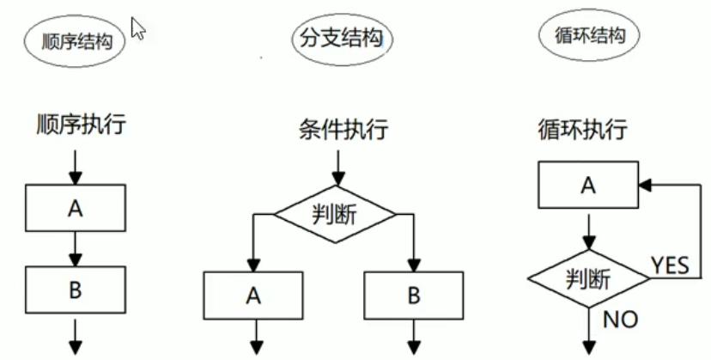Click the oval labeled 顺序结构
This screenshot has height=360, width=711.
(x=76, y=40)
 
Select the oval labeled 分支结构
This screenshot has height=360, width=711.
(x=342, y=39)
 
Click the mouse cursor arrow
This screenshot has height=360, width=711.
(x=138, y=28)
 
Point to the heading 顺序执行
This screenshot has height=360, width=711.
(x=82, y=126)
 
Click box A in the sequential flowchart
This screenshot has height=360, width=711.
(x=76, y=207)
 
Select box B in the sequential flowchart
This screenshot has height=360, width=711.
(x=76, y=290)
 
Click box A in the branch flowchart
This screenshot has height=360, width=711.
(x=253, y=296)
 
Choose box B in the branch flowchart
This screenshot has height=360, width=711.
(x=414, y=296)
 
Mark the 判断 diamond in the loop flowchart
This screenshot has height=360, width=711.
(x=588, y=278)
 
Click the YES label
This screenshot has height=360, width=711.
(x=670, y=265)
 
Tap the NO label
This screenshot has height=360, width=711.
(x=619, y=320)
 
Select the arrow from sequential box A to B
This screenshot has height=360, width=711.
(x=76, y=247)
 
